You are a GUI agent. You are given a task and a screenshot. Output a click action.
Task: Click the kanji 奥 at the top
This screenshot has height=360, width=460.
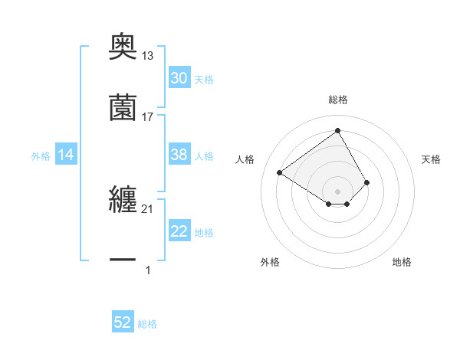(123, 47)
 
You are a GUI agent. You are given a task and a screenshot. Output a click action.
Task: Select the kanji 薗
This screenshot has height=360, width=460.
(123, 107)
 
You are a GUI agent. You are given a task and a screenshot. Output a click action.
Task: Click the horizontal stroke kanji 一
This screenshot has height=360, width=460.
(123, 260)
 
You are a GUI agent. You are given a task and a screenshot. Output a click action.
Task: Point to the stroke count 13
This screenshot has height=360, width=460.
(148, 55)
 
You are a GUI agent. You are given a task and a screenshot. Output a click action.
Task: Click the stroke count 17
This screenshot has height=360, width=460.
(148, 116)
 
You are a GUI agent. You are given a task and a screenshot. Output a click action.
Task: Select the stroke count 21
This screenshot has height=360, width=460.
(148, 209)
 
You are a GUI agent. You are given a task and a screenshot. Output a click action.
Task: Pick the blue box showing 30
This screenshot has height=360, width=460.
(179, 78)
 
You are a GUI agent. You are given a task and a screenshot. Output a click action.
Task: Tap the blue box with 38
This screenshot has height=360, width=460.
(179, 155)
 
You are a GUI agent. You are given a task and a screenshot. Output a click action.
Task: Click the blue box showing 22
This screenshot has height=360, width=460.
(179, 232)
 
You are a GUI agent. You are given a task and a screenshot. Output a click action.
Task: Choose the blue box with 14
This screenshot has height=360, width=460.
(66, 155)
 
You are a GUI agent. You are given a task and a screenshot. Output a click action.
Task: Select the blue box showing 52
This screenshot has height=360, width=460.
(123, 322)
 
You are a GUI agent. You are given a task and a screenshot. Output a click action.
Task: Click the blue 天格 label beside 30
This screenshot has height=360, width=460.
(204, 79)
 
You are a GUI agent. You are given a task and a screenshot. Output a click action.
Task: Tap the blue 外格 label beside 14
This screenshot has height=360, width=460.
(41, 155)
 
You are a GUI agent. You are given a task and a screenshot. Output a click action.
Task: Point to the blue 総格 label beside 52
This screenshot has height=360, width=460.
(147, 323)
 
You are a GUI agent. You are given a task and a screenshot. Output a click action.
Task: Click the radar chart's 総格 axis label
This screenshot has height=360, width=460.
(338, 100)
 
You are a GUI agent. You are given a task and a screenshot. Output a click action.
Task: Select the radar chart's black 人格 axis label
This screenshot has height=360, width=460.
(245, 159)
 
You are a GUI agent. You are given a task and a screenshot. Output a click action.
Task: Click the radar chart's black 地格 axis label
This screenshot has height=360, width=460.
(402, 262)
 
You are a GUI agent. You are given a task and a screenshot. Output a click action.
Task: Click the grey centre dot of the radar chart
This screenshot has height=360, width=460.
(338, 191)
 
